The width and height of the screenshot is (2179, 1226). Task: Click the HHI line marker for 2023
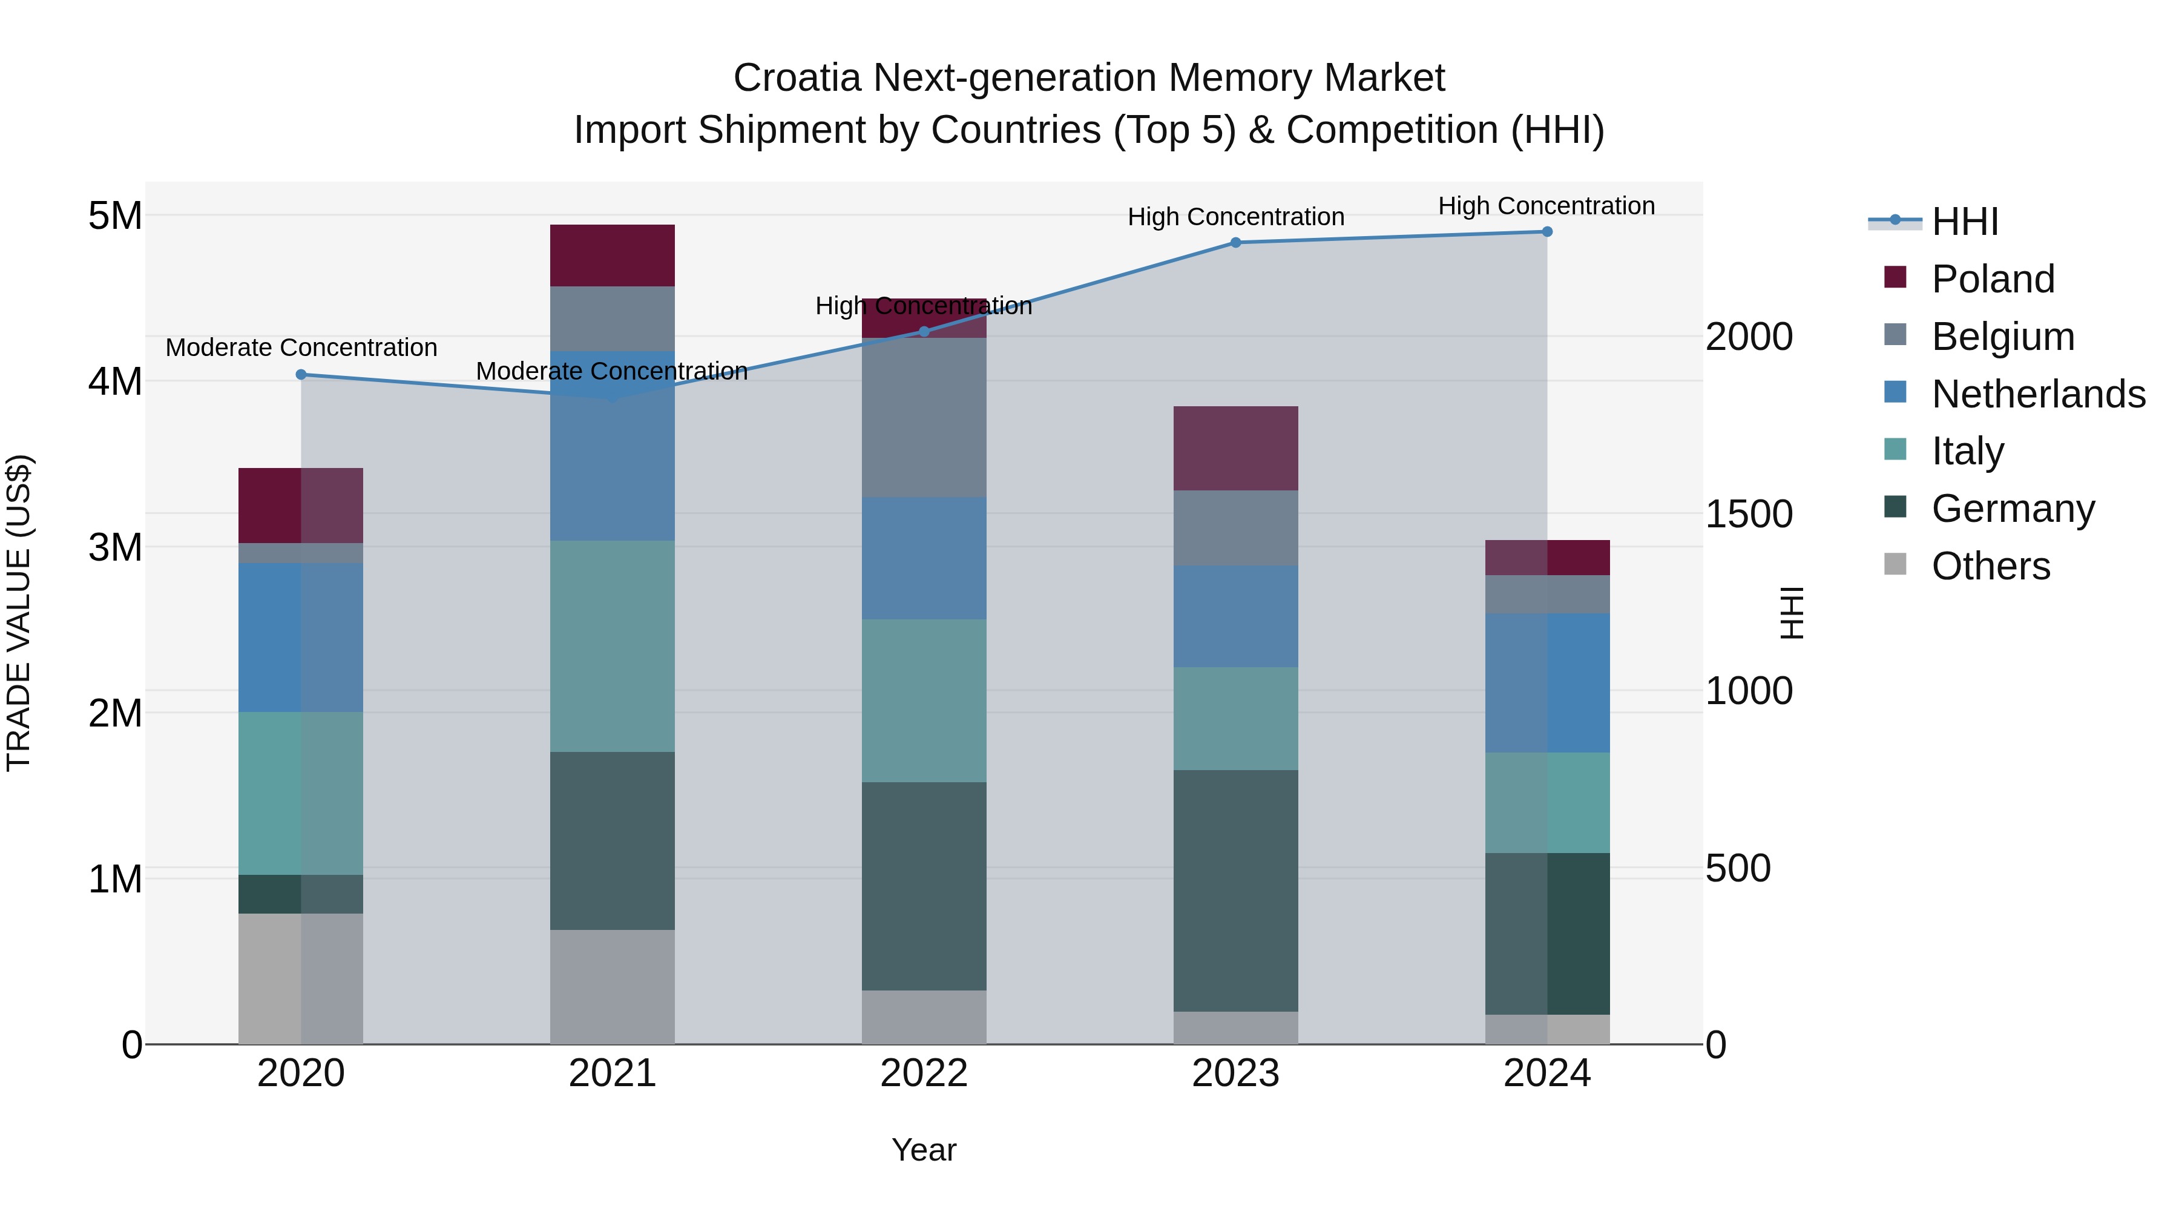point(1235,243)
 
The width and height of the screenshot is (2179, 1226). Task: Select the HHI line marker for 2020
point(301,375)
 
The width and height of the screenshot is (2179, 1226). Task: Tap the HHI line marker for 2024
point(1546,232)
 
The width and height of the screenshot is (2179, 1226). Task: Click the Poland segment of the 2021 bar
point(613,255)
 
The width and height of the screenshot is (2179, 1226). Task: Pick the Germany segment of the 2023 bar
point(1235,890)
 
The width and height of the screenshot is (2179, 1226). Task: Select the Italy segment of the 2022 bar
point(924,700)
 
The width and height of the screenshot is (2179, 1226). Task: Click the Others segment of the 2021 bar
point(613,987)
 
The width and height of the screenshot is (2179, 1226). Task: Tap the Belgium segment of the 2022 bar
point(924,417)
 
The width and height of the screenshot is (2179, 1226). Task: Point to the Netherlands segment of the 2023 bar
point(1235,616)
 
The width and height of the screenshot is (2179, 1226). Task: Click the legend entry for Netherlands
point(2037,394)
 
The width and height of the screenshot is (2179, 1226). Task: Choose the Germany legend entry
point(2011,509)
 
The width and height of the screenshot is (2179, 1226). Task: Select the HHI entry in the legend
point(1964,222)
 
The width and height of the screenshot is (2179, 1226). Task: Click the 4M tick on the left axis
point(115,381)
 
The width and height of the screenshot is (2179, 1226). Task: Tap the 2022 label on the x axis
point(924,1073)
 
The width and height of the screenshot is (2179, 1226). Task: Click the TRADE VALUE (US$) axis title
point(19,613)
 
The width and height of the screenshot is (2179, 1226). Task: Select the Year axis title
point(924,1150)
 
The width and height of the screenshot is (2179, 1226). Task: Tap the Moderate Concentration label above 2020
point(301,348)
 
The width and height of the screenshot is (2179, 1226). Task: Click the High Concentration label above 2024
point(1546,206)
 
